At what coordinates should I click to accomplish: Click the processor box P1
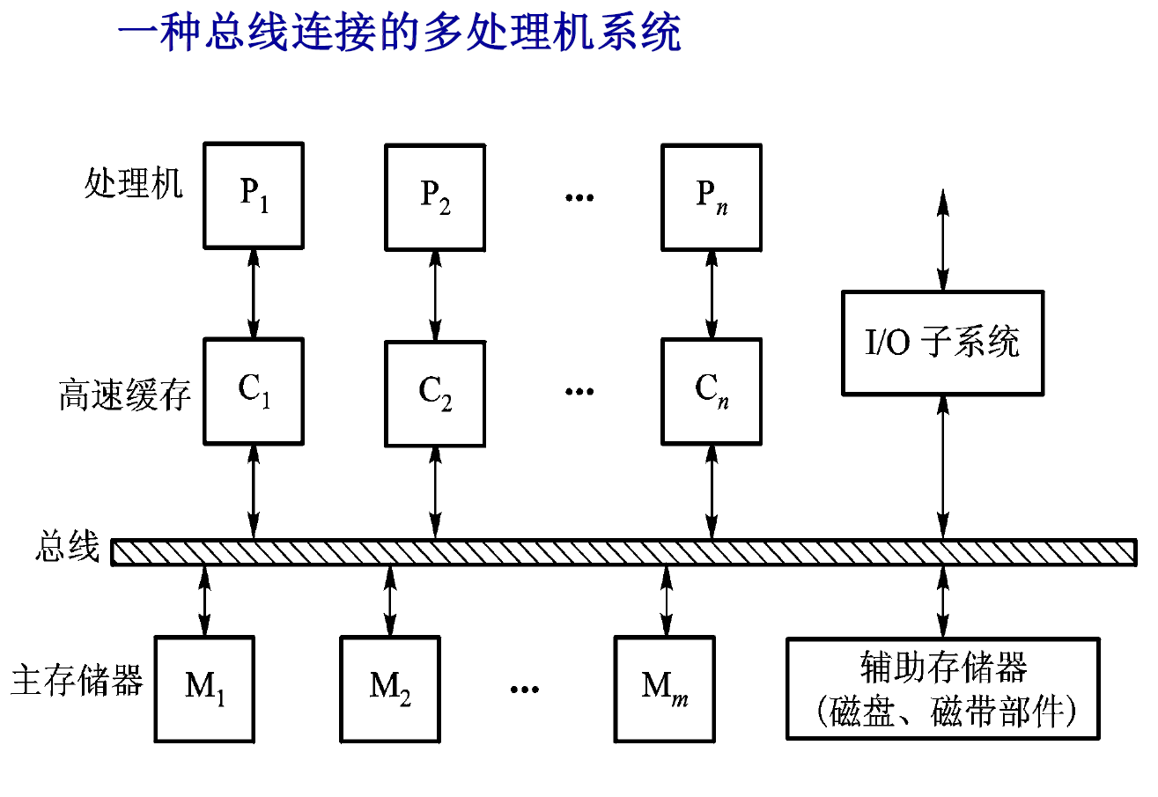[x=254, y=196]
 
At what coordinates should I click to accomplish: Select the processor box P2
[x=435, y=196]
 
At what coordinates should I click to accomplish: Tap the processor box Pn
[x=712, y=196]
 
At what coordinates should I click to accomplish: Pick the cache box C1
[x=254, y=390]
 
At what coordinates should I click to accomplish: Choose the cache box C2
[x=435, y=390]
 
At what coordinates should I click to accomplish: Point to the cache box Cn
[x=712, y=390]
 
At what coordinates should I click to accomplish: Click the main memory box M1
[x=205, y=688]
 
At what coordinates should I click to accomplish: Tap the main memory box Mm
[x=665, y=688]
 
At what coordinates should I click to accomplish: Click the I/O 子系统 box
[x=942, y=343]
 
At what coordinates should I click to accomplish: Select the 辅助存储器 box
[x=943, y=688]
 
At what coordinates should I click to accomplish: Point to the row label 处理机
[x=134, y=184]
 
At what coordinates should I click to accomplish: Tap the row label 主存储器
[x=77, y=681]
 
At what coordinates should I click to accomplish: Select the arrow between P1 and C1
[x=254, y=293]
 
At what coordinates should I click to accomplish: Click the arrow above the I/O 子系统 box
[x=943, y=240]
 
